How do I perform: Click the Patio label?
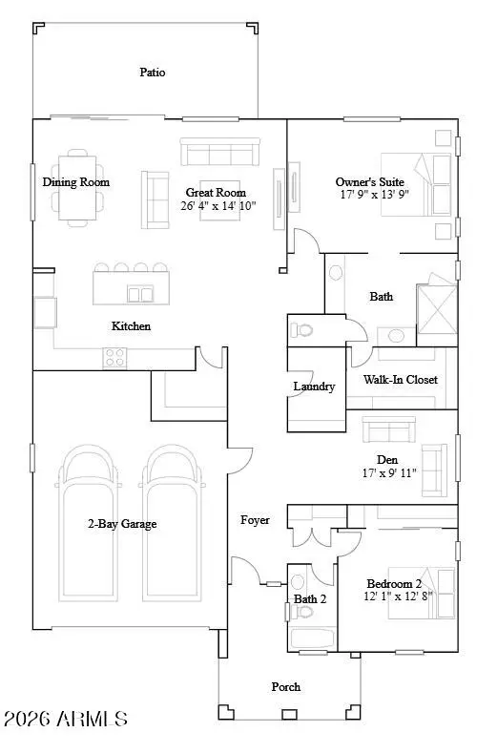coord(153,72)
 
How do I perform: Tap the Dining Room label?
coord(75,182)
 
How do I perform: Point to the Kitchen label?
coord(131,326)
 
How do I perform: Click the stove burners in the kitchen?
coord(115,357)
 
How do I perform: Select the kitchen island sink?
coord(140,294)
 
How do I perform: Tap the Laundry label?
coord(314,387)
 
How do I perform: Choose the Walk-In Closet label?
coord(401,380)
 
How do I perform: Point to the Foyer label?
coord(255,520)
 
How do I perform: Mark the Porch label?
coord(285,687)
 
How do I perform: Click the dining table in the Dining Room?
coord(76,186)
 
